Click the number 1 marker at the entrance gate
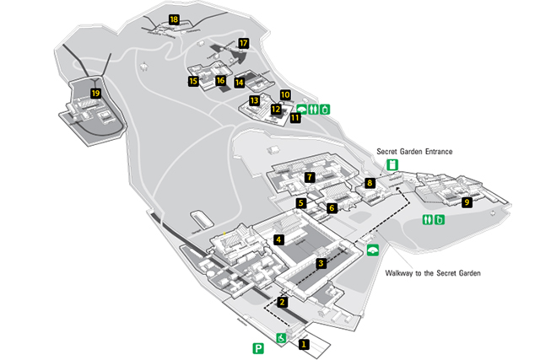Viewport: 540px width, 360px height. coord(304,344)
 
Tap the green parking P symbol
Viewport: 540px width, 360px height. coord(258,348)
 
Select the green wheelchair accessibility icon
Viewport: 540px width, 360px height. coord(281,338)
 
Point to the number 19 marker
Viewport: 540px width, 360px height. coord(95,93)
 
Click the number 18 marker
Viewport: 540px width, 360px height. coord(174,19)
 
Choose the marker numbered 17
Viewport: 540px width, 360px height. coord(243,43)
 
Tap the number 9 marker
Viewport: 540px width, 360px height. coord(467,202)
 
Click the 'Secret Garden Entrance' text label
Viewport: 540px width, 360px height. coord(414,152)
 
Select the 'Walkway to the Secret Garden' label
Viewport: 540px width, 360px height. coord(433,273)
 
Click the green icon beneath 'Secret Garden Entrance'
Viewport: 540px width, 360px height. coord(392,165)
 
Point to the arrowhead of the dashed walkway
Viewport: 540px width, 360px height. coord(398,188)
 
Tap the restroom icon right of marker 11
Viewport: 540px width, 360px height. coord(313,110)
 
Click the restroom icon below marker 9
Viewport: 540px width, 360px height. coord(428,219)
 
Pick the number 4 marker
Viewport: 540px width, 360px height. coord(278,239)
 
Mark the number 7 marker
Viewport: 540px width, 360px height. coord(310,177)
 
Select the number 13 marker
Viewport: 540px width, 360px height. coord(254,100)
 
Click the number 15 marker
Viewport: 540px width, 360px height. coord(193,81)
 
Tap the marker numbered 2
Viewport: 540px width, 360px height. coord(282,302)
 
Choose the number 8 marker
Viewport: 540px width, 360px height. coord(370,183)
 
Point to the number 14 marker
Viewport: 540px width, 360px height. coord(240,83)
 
